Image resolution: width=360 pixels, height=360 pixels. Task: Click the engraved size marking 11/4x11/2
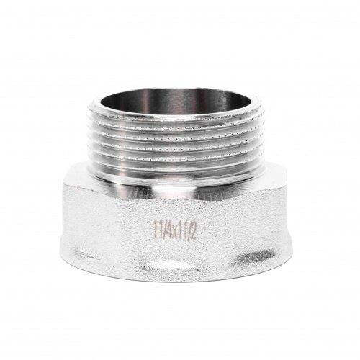(x=176, y=230)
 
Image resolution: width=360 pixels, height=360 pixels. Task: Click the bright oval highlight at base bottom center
(x=171, y=264)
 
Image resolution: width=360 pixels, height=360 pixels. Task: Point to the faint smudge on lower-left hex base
(x=87, y=255)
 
